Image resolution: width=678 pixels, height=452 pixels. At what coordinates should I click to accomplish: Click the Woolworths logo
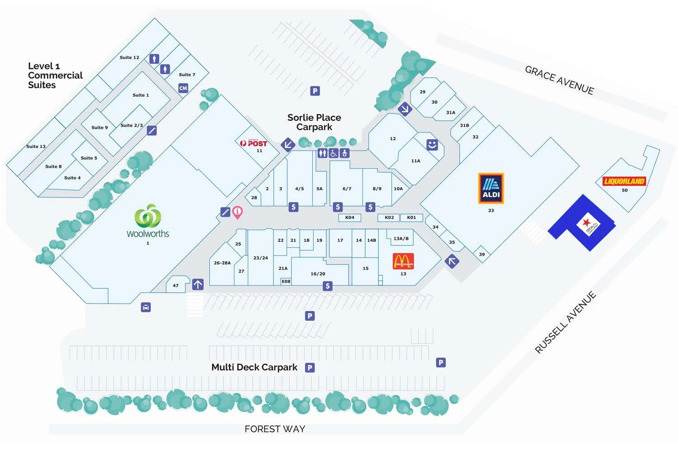point(148,217)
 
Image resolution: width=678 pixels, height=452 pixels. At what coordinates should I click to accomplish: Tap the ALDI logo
point(491,188)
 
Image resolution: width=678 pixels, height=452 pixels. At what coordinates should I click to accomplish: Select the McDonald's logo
point(403,261)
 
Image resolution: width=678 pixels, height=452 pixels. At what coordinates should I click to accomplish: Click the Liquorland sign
point(624,181)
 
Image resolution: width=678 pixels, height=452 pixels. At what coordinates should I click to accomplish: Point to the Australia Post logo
point(254,143)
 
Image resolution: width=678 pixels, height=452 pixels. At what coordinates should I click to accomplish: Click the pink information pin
point(237,212)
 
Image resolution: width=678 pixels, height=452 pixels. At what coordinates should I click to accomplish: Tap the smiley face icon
point(432,145)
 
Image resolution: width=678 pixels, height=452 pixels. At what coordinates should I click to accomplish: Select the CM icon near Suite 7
point(183,88)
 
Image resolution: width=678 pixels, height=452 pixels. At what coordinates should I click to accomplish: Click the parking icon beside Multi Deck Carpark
point(310,367)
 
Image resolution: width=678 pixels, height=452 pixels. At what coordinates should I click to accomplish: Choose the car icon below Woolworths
point(146,307)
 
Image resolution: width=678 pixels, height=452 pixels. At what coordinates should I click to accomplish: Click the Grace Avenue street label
point(559,80)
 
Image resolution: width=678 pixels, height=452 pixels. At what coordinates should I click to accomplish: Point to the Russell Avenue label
point(565,322)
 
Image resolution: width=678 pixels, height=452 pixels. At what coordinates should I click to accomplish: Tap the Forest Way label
point(275,429)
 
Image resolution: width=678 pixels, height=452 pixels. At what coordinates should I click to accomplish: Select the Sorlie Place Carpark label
point(314,122)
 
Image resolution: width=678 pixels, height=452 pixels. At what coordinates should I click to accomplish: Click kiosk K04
point(349,217)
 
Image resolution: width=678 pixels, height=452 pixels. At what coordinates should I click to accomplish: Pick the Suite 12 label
point(129,57)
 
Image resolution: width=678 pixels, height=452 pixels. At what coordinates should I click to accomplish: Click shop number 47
point(175,286)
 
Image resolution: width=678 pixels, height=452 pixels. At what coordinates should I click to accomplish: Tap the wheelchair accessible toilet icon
point(333,153)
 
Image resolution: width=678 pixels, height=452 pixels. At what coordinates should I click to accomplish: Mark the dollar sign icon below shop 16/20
point(328,286)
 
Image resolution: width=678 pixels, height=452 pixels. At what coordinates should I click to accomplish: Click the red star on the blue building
point(586,222)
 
